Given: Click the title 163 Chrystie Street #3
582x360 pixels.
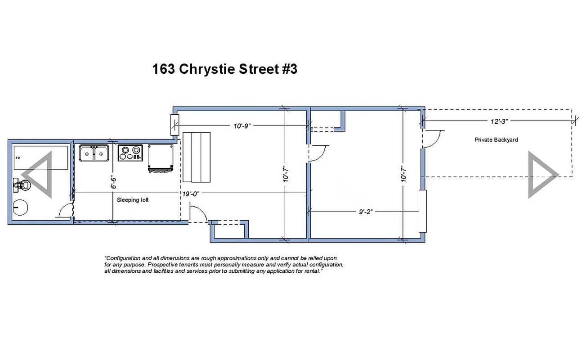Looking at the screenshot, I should click(224, 69).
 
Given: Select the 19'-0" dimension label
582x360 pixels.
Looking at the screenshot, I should click(191, 194).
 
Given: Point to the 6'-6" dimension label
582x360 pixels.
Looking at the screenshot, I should click(114, 182).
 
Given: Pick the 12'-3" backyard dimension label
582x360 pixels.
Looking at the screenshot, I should click(499, 121).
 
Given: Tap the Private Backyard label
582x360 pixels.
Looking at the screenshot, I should click(496, 140).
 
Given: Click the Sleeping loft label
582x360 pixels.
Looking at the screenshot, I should click(133, 200).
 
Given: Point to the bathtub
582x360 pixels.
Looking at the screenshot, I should click(40, 157).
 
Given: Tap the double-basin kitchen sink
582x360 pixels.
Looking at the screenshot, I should click(94, 153).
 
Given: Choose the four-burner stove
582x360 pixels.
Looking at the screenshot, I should click(130, 153).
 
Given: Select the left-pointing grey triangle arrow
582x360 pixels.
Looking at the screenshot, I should click(39, 175).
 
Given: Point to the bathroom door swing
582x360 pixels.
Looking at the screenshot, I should click(65, 211).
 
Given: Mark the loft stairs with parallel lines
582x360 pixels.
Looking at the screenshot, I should click(197, 157).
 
